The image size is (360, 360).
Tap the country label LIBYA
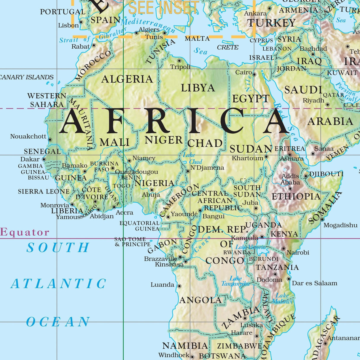click(198, 88)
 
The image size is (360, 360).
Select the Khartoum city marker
click(266, 157)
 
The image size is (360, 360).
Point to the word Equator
click(25, 232)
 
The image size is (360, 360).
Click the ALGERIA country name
click(127, 79)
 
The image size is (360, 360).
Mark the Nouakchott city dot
click(50, 140)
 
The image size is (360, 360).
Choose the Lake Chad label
click(192, 159)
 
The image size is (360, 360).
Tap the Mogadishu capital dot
click(322, 220)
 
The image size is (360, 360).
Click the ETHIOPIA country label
click(296, 196)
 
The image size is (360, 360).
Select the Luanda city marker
click(179, 286)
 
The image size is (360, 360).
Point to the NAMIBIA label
click(185, 346)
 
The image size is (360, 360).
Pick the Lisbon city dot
click(81, 22)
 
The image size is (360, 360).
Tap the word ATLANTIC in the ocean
click(58, 284)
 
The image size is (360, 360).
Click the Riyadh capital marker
click(328, 104)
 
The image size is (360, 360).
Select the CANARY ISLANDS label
click(27, 77)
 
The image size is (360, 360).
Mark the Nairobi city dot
click(283, 249)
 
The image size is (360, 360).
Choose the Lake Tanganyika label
click(235, 281)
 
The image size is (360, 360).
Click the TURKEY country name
click(271, 23)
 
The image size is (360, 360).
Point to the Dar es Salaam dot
click(289, 279)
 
